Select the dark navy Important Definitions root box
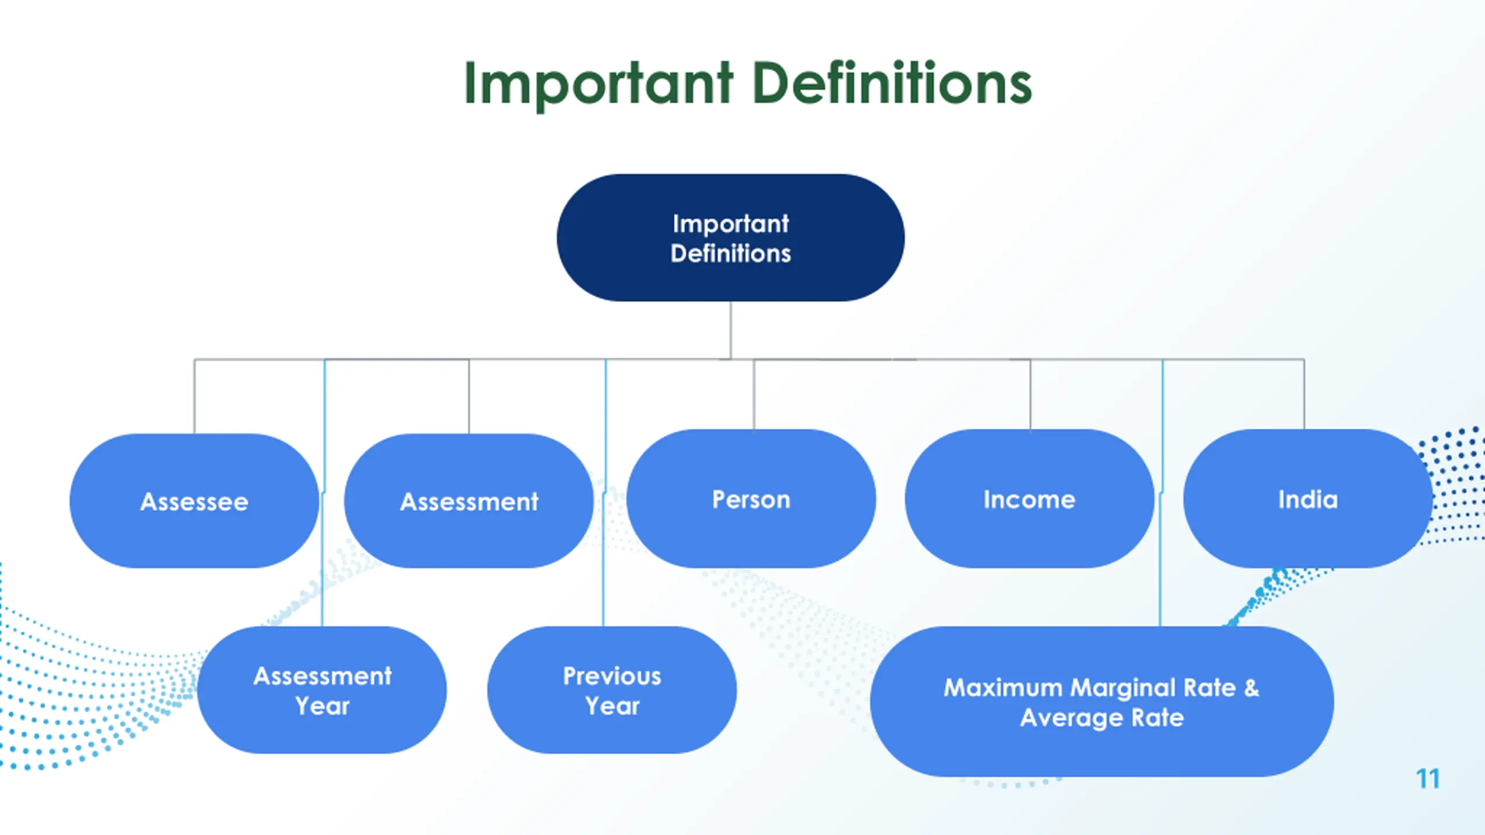730,238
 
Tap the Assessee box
194,501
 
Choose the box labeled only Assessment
469,501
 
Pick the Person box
751,499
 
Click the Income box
1030,499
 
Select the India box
1307,499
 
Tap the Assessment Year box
322,690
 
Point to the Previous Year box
612,690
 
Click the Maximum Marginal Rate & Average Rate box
1102,702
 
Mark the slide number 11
1428,779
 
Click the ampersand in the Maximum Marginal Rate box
1252,688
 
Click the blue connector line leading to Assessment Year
323,580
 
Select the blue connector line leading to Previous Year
604,580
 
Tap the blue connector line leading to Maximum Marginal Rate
1161,580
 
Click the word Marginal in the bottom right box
1123,688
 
